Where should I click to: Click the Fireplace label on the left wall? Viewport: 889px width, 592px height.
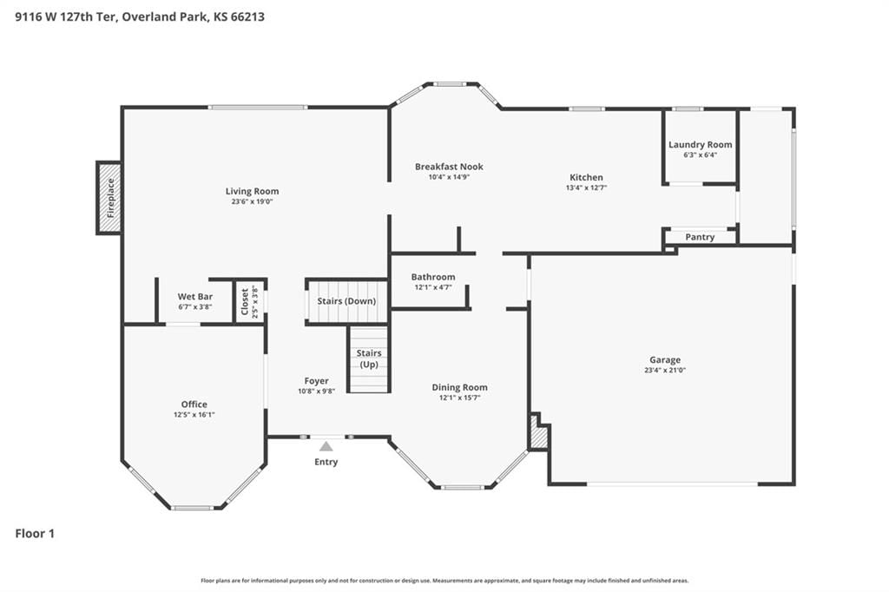point(110,198)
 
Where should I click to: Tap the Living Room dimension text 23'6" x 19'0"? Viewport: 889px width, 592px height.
point(252,201)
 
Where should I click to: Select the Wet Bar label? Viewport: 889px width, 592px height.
point(195,297)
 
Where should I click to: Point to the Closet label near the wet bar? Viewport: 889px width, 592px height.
point(244,302)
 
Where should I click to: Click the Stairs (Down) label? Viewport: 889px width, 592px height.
point(346,301)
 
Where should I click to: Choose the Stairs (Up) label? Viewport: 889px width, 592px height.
point(369,359)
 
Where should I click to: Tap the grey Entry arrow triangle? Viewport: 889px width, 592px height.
point(326,446)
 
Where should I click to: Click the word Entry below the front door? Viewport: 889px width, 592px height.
point(326,462)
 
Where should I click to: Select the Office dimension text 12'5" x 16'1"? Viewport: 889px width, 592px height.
point(194,415)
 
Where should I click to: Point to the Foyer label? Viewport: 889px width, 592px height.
point(316,381)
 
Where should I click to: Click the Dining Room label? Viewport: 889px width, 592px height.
point(460,387)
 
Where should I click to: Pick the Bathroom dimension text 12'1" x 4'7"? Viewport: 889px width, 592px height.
point(433,287)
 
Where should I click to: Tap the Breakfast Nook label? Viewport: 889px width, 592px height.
point(449,167)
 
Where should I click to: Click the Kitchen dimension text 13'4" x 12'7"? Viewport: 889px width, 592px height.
point(586,187)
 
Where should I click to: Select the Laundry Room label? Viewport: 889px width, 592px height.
point(701,145)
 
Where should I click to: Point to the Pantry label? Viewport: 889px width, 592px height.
point(700,237)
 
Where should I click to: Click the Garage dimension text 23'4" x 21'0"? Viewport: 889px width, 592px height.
point(665,371)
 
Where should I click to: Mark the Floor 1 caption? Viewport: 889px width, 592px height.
point(35,534)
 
